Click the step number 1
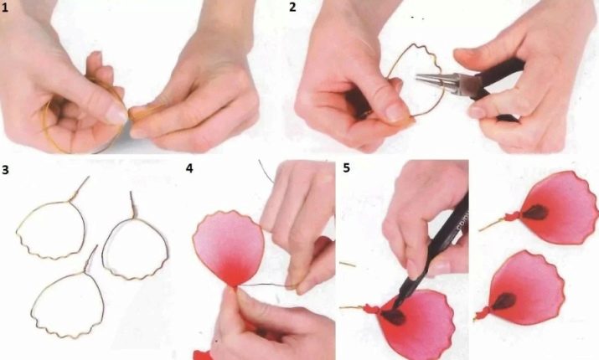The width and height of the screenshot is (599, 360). tap(4, 8)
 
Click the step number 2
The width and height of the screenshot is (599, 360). tap(292, 8)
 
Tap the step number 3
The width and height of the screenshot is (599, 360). tap(5, 169)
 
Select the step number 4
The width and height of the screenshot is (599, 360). tap(189, 168)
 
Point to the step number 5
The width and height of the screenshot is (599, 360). tap(347, 168)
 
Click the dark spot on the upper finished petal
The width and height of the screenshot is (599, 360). tap(534, 213)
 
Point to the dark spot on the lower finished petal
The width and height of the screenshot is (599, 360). tap(503, 301)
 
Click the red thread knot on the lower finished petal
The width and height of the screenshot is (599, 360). tap(483, 311)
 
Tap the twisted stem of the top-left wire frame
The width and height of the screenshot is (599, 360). tap(79, 188)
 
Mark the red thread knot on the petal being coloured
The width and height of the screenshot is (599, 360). tap(372, 308)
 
